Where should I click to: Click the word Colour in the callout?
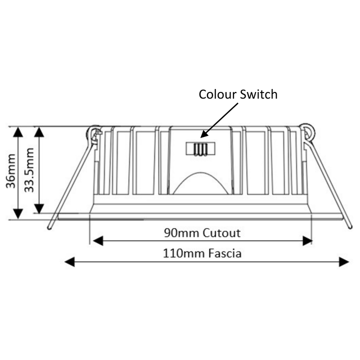pos(217,94)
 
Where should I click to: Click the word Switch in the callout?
pos(259,94)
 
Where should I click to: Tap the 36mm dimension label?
pos(10,171)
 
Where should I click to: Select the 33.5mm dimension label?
pos(29,170)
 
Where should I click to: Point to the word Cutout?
pos(221,233)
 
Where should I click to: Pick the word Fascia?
pos(225,253)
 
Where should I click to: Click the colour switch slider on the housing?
pos(200,149)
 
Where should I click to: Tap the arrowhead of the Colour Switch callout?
pos(203,134)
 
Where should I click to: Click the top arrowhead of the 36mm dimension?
pos(18,132)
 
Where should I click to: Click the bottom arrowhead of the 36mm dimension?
pos(18,214)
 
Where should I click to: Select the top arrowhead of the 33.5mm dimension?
pos(39,132)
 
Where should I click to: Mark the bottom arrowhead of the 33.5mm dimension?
pos(39,208)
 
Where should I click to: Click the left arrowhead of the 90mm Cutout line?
pos(98,241)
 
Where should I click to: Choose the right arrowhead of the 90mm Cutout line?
pos(307,241)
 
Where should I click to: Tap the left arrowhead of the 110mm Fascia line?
pos(70,262)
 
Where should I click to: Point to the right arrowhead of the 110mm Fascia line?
pos(344,262)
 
